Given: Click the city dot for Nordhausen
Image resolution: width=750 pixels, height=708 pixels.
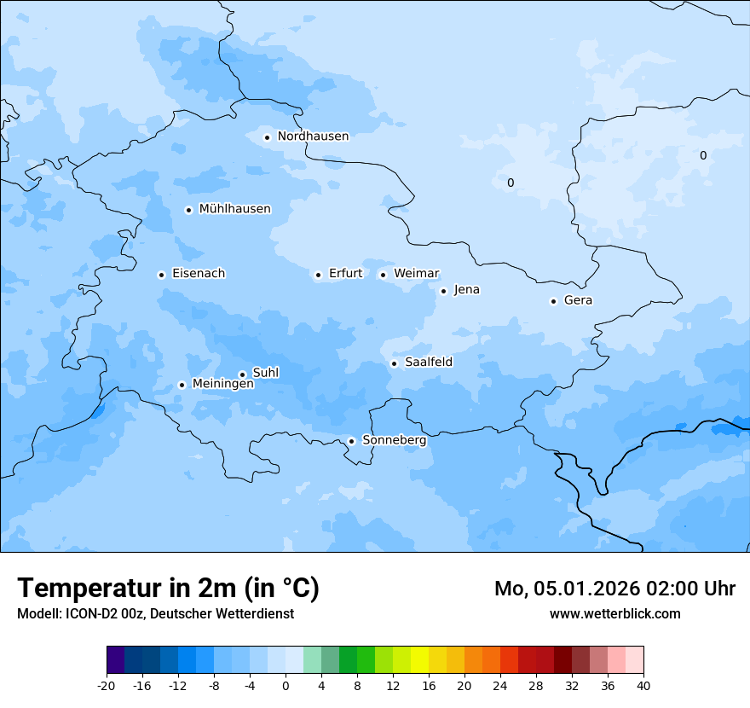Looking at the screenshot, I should [x=267, y=137].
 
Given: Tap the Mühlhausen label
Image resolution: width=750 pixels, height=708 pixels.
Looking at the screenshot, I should [x=234, y=209].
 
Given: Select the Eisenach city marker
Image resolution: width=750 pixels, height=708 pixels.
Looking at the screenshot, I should [x=161, y=275].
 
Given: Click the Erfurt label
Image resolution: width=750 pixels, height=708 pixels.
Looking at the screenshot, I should [x=345, y=274].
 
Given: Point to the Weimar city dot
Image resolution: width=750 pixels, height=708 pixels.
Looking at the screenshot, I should [x=383, y=275].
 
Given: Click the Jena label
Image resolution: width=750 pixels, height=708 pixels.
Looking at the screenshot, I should [x=466, y=290].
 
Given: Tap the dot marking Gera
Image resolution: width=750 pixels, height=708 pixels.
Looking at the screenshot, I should [x=553, y=301].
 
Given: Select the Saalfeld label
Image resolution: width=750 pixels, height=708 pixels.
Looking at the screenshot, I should [x=429, y=363].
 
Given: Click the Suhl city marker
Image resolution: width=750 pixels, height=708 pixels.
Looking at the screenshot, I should [x=242, y=374].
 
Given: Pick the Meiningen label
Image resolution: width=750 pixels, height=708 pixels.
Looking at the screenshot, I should [x=222, y=384].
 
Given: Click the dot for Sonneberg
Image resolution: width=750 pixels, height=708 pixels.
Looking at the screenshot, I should [x=351, y=442].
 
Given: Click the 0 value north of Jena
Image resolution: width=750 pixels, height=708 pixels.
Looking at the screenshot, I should [x=511, y=183].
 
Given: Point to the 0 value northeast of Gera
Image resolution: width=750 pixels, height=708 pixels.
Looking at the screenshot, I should [x=703, y=155].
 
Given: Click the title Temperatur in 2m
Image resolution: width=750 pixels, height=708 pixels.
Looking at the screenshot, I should [x=168, y=589].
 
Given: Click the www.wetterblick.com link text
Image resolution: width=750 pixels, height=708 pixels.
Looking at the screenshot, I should [x=614, y=614].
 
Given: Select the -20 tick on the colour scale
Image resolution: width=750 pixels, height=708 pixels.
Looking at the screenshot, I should [x=107, y=685].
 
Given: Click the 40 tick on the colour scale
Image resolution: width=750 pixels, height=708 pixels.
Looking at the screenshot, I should [x=643, y=685].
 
